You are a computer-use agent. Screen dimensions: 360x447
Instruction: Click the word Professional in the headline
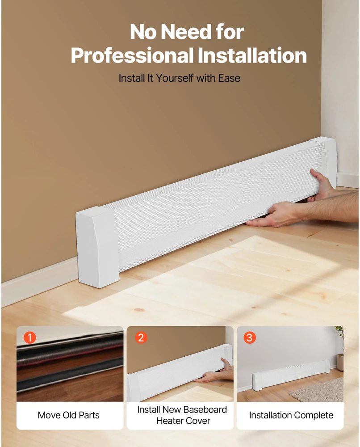tap(132, 55)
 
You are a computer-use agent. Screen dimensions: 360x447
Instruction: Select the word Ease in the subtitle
tap(229, 78)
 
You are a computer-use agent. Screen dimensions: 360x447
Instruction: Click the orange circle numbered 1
tap(29, 338)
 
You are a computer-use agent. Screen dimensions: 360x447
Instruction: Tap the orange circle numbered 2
tap(141, 338)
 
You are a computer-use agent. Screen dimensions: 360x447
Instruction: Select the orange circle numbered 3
tap(250, 338)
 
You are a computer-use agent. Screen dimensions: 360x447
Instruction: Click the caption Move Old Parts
tap(69, 415)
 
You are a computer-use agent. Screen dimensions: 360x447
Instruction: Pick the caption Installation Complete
tap(291, 415)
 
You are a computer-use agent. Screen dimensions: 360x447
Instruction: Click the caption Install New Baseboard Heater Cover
tap(182, 415)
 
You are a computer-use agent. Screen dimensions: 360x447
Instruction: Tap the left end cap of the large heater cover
tap(97, 247)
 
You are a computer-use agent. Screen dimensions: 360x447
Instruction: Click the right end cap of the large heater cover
tap(325, 160)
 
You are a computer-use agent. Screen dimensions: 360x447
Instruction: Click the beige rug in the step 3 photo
tap(318, 390)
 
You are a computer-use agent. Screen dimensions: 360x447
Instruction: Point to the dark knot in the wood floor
tap(139, 310)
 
